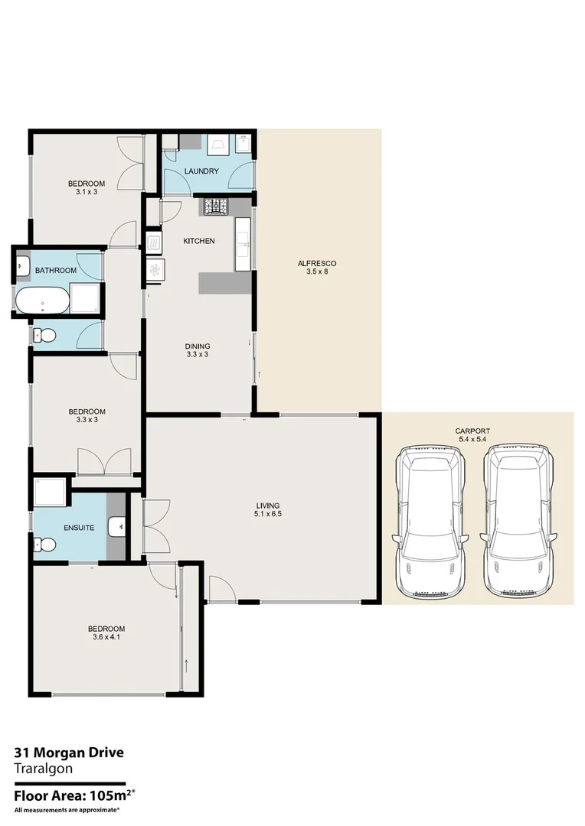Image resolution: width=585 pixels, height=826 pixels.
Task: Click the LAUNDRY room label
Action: [x=202, y=171]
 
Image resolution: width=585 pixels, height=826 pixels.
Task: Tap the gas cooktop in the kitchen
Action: [x=215, y=206]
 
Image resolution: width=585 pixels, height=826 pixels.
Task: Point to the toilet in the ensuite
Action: [x=44, y=545]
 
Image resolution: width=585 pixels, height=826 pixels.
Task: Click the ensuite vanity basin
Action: [x=116, y=526]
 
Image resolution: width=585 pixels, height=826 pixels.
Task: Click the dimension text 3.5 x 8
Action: [x=317, y=272]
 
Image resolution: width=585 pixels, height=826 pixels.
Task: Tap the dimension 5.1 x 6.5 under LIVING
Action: [x=267, y=514]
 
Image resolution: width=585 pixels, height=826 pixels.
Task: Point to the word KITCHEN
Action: [x=198, y=241]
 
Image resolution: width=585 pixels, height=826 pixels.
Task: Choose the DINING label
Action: [x=198, y=346]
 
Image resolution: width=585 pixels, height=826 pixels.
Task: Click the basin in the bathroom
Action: [x=22, y=266]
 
